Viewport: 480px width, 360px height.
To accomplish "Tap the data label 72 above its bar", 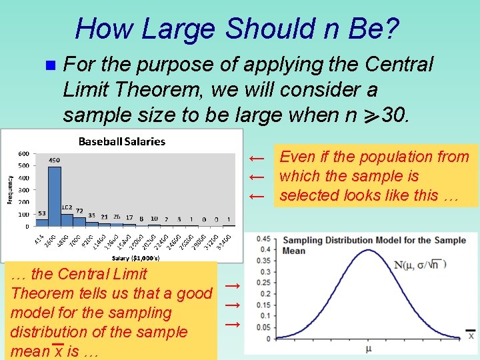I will tap(79, 211).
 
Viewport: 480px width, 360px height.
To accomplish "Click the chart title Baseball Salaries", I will tap(122, 141).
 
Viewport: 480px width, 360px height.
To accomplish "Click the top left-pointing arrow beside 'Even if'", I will tap(257, 158).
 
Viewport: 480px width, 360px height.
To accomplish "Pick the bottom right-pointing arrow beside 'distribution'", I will tap(232, 324).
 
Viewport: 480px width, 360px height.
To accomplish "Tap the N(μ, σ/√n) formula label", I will tap(420, 265).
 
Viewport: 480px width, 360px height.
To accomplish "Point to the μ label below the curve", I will tap(368, 348).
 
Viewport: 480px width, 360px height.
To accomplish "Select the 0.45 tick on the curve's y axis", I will tap(265, 239).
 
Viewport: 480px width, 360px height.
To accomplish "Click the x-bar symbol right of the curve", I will tap(471, 335).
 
